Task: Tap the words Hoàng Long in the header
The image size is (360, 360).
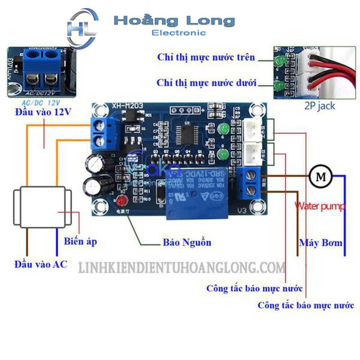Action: click(174, 21)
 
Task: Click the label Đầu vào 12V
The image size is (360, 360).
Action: click(40, 113)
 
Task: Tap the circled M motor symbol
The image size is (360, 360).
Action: click(320, 176)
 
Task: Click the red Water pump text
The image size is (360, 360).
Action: click(320, 206)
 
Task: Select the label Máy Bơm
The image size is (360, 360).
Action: click(320, 243)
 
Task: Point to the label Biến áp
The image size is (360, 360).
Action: click(80, 242)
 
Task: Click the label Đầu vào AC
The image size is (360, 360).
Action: click(41, 264)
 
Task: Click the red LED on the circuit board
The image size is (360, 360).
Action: click(122, 202)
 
